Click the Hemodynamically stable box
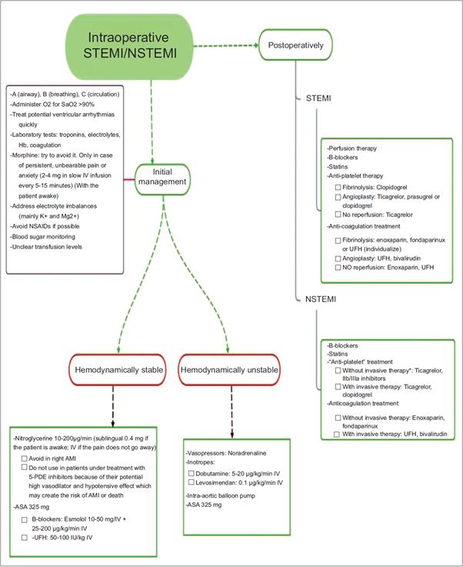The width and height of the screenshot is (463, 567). point(118,371)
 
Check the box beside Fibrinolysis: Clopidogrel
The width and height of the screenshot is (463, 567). point(338,187)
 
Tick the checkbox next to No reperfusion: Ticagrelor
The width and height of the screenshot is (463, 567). point(338,214)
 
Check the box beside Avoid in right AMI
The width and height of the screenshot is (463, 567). point(25,459)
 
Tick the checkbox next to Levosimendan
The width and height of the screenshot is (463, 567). point(191,482)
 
